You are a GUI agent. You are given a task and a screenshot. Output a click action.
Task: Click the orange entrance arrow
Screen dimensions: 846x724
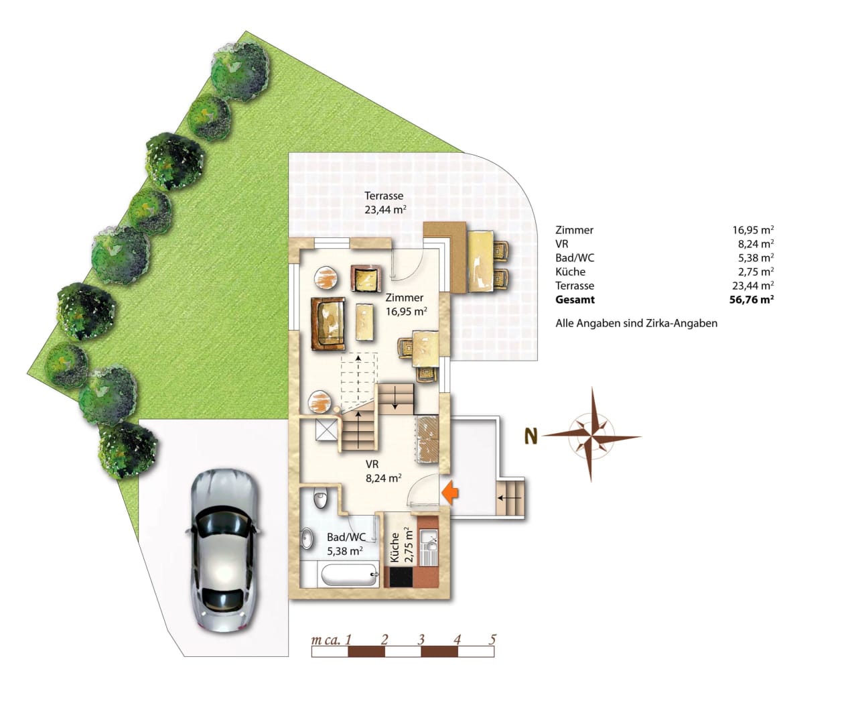coord(449,493)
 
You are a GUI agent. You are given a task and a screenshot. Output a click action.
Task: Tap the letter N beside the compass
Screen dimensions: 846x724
coord(531,436)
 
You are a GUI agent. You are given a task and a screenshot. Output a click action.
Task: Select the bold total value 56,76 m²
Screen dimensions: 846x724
coord(752,300)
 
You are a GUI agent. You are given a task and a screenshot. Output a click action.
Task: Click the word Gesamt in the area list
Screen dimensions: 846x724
coord(575,300)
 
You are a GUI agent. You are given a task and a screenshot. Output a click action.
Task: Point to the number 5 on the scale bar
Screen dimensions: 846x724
coord(493,639)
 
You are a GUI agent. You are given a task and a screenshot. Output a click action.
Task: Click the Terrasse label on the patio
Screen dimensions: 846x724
coord(384,196)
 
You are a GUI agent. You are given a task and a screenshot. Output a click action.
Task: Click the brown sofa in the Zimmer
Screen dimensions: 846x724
coord(328,324)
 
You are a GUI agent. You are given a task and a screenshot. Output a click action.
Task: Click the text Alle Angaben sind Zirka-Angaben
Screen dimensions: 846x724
coord(636,323)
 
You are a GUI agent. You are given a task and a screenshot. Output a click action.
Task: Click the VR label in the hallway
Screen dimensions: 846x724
coord(372,464)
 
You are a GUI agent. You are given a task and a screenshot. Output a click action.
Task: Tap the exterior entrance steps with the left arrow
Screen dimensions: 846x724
coord(510,498)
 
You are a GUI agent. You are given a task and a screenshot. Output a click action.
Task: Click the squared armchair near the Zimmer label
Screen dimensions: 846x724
coord(366,278)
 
